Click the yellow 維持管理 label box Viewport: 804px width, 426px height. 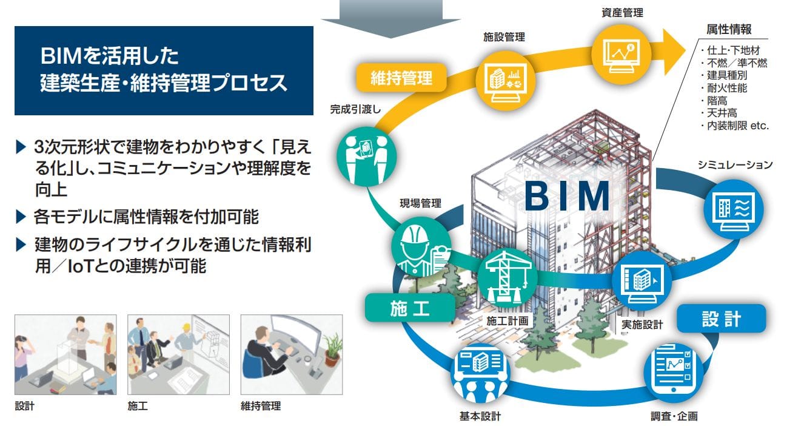click(x=401, y=78)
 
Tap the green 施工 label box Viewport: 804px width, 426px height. click(x=410, y=308)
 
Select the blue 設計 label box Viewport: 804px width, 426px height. click(x=722, y=319)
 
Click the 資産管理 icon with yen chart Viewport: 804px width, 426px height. click(x=621, y=54)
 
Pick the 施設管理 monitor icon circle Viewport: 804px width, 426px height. click(x=505, y=81)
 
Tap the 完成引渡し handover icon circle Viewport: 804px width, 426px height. click(x=367, y=157)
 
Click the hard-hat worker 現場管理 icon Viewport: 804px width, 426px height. click(x=421, y=247)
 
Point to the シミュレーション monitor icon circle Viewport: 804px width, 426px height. click(x=734, y=210)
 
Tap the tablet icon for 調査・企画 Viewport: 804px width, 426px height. click(x=674, y=371)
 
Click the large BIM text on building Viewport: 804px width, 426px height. click(x=567, y=196)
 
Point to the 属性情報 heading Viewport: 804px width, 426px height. click(x=729, y=30)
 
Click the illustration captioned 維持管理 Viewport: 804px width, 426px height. click(x=292, y=354)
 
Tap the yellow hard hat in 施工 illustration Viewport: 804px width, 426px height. click(x=187, y=327)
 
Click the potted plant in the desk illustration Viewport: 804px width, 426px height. click(x=332, y=350)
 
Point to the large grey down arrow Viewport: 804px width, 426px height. click(x=390, y=19)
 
